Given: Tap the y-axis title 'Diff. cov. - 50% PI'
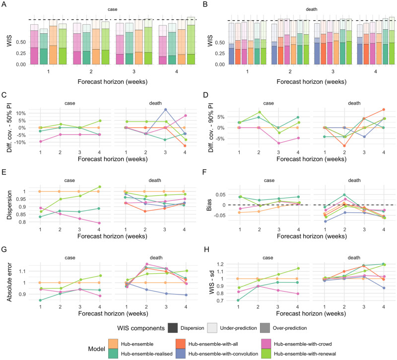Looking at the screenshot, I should tap(6, 127).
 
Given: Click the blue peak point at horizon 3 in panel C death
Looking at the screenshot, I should tap(165, 109).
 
